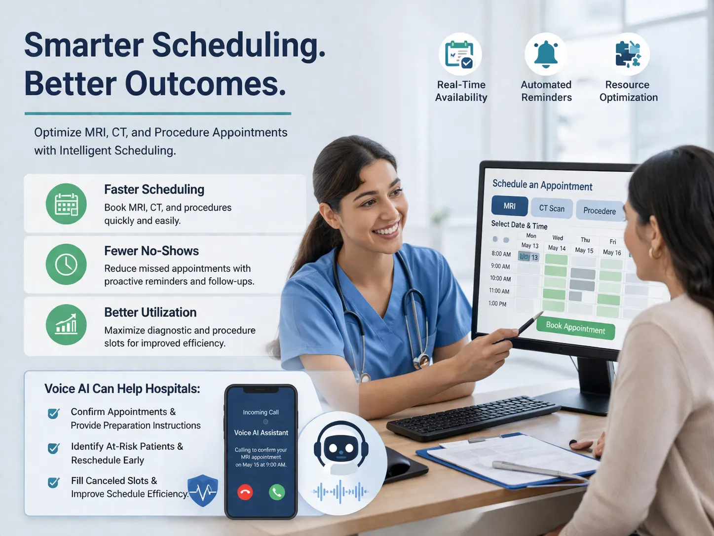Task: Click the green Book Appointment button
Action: pos(575,328)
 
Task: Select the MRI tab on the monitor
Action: pos(510,206)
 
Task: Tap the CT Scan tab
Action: pos(552,208)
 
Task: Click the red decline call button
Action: pos(245,492)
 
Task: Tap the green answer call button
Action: pos(277,492)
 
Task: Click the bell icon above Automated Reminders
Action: pos(546,54)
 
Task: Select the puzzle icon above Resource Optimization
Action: pos(628,54)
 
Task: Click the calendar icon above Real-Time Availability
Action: pos(460,54)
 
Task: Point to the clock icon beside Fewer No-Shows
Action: pos(66,265)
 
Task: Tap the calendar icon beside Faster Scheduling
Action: pos(66,204)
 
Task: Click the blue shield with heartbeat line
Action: pos(203,491)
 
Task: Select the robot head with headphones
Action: pos(341,447)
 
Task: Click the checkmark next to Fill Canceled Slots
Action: pos(54,482)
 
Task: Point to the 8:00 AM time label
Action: pos(501,254)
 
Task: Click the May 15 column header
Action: pos(584,250)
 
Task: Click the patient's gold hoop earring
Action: pos(655,253)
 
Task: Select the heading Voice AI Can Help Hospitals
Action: pos(122,389)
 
